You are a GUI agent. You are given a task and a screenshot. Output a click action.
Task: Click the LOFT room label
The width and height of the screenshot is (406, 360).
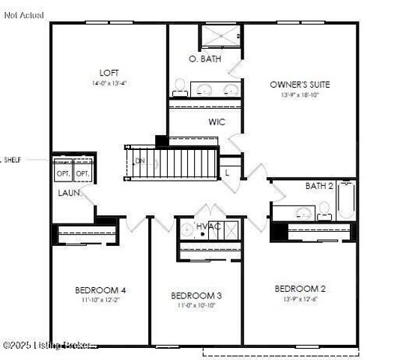pyautogui.click(x=109, y=73)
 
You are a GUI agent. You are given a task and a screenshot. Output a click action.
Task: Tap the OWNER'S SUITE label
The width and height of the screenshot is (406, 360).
pyautogui.click(x=299, y=85)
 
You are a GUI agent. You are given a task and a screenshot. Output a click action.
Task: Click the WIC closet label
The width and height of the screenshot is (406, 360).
pyautogui.click(x=217, y=121)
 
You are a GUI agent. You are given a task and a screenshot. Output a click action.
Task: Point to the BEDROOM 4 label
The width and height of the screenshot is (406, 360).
pyautogui.click(x=100, y=290)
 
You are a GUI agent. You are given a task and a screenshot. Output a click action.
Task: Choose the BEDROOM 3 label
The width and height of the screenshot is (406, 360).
pyautogui.click(x=196, y=295)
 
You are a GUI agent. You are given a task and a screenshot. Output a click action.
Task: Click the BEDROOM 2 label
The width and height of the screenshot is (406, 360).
pyautogui.click(x=300, y=289)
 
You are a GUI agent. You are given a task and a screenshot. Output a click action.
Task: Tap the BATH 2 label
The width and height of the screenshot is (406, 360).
pyautogui.click(x=318, y=185)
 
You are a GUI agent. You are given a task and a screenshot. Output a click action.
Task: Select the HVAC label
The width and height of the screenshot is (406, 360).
pyautogui.click(x=207, y=226)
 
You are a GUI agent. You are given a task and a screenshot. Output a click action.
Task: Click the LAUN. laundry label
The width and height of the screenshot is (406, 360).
pyautogui.click(x=70, y=193)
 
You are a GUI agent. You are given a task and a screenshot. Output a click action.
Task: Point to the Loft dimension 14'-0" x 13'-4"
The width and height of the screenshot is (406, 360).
pyautogui.click(x=109, y=83)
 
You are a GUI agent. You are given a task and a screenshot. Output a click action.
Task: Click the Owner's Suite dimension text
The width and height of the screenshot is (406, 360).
pyautogui.click(x=299, y=95)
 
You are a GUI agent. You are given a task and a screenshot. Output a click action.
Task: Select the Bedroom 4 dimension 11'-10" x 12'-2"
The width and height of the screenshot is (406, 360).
pyautogui.click(x=100, y=300)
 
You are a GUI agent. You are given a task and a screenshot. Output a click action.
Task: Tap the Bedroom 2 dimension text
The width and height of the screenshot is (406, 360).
pyautogui.click(x=300, y=299)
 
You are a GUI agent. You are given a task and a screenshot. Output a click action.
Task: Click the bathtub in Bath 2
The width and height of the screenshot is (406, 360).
pyautogui.click(x=345, y=200)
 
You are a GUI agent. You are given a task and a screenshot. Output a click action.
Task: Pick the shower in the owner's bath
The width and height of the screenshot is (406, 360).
pyautogui.click(x=219, y=36)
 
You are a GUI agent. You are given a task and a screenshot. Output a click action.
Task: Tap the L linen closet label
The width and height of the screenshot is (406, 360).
pyautogui.click(x=227, y=172)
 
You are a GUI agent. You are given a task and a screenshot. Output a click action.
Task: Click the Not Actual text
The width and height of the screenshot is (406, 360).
pyautogui.click(x=23, y=15)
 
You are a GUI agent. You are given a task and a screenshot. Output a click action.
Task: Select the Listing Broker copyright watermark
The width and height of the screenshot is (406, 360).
pyautogui.click(x=47, y=345)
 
